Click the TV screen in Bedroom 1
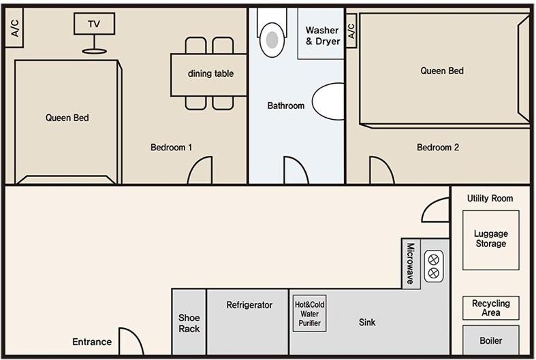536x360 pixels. [95, 24]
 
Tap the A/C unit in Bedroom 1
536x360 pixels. [14, 27]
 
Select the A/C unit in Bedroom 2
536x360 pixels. [351, 31]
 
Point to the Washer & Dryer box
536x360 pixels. [321, 33]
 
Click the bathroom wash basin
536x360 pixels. [328, 101]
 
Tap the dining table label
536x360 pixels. [210, 73]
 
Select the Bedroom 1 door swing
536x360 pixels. [200, 170]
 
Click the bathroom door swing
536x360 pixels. [296, 170]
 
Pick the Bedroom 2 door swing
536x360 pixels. [382, 170]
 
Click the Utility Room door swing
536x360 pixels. [435, 210]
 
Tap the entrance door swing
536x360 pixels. [131, 341]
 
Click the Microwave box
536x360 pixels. [411, 263]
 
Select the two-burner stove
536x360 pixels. [434, 266]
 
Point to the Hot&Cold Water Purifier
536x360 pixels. [309, 314]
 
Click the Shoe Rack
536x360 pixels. [189, 323]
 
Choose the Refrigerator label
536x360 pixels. [249, 305]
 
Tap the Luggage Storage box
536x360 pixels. [491, 240]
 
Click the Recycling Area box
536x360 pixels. [491, 308]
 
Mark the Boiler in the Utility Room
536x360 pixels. [491, 340]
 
